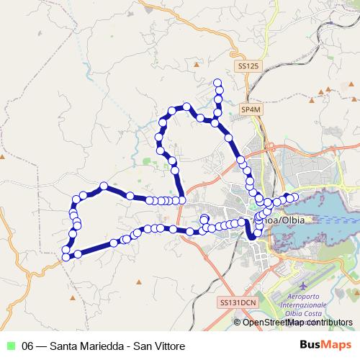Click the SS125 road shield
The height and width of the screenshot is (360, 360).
[x=247, y=66]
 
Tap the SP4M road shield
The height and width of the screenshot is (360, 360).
[x=250, y=109]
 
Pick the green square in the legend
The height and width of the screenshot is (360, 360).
[x=10, y=346]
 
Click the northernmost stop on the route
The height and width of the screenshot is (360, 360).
[x=218, y=82]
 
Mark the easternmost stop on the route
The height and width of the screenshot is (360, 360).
[x=294, y=197]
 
